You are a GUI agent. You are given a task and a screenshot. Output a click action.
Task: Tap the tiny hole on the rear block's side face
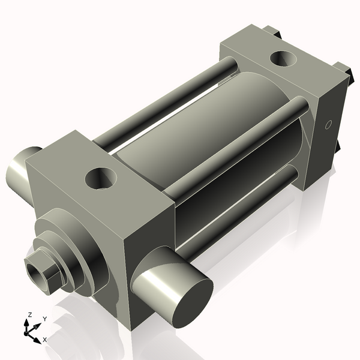(x=328, y=125)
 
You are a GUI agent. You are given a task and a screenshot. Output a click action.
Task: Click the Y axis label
(x=44, y=319)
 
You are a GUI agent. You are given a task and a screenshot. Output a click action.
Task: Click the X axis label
(x=44, y=340)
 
